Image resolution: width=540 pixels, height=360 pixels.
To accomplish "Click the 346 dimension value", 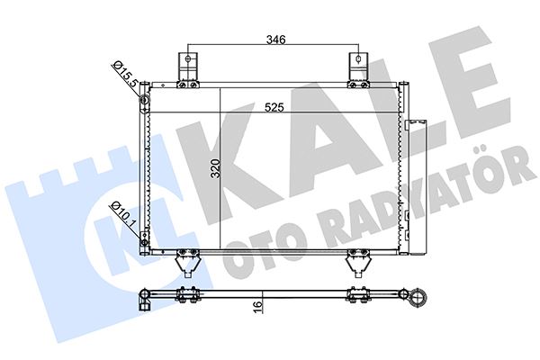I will click(x=275, y=40).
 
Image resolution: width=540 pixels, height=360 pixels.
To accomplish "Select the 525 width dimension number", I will click(x=274, y=109).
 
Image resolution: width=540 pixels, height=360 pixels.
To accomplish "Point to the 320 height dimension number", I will click(x=215, y=170).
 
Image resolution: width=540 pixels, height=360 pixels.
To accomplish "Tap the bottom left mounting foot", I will click(x=184, y=263).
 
